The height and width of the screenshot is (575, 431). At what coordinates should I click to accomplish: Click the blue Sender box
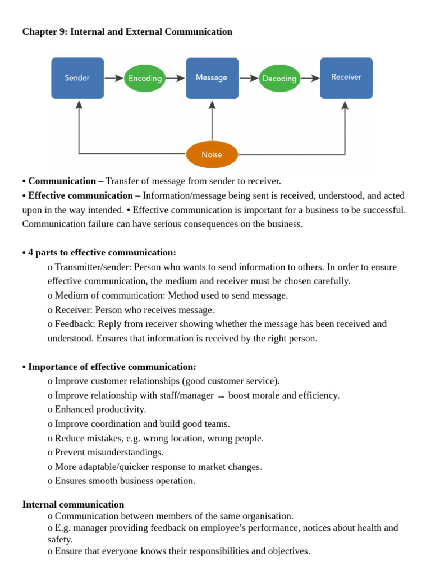77,78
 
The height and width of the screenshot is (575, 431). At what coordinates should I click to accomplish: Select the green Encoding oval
145,79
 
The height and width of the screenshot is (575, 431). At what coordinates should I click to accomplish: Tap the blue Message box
212,78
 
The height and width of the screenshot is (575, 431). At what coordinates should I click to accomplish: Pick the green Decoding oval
279,79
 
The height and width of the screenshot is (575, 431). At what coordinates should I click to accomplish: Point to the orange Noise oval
212,154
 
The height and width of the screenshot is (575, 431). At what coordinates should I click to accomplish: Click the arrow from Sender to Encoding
114,79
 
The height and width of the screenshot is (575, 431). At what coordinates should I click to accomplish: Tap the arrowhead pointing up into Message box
212,105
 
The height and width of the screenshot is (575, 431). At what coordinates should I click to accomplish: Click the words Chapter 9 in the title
42,32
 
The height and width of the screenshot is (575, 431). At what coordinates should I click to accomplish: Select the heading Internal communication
73,504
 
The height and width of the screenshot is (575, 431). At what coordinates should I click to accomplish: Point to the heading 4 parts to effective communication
102,253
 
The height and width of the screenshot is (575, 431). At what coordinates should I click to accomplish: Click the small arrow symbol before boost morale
221,396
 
